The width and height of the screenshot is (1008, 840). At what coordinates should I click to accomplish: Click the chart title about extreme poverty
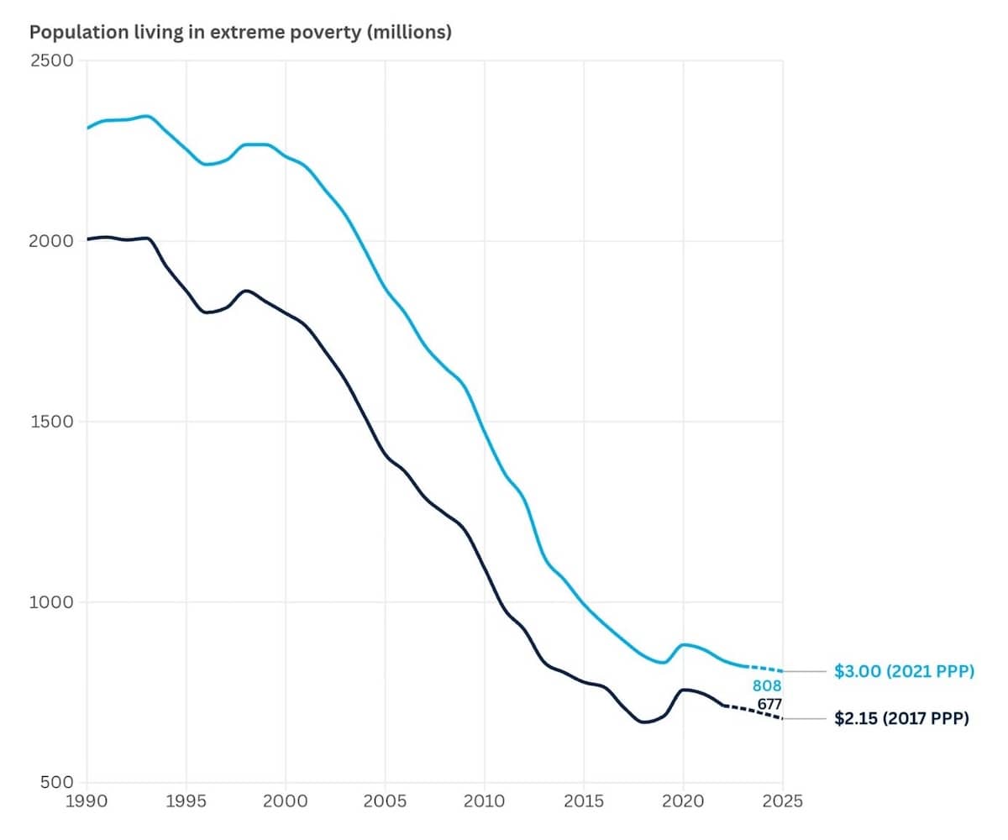point(241,33)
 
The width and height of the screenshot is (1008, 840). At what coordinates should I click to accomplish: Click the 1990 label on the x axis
point(87,801)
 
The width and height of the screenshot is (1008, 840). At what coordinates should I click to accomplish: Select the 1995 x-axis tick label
point(186,801)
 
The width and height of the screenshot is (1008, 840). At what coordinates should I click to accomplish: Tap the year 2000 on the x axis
point(286,801)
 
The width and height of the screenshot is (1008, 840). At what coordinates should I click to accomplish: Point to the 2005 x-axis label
point(386,801)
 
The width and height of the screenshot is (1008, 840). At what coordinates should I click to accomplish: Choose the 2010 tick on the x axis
point(485,801)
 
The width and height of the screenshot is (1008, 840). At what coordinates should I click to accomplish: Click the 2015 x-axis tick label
point(584,801)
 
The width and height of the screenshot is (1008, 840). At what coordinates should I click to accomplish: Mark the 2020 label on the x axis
point(684,801)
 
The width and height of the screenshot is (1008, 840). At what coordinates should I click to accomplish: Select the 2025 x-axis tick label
point(783,801)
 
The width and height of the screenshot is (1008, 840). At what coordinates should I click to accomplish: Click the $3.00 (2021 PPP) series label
point(904,671)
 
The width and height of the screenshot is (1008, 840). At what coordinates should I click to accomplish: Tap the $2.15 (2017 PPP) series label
point(901,719)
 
